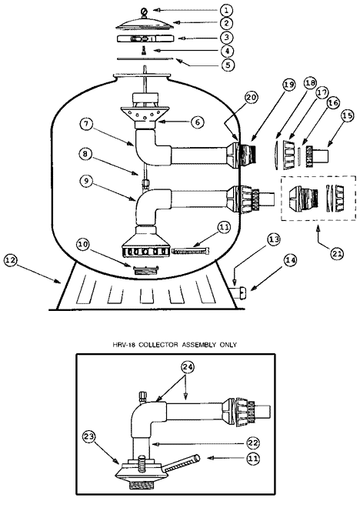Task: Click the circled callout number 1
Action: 226,10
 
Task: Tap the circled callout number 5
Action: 228,65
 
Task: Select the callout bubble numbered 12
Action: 11,261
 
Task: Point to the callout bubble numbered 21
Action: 337,254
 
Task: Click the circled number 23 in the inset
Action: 89,437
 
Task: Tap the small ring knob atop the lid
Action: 144,12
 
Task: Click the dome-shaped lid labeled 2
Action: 145,22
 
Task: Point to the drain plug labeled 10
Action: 145,269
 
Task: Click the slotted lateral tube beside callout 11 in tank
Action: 190,251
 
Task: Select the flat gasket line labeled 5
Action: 145,59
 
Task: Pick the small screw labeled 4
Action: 145,50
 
